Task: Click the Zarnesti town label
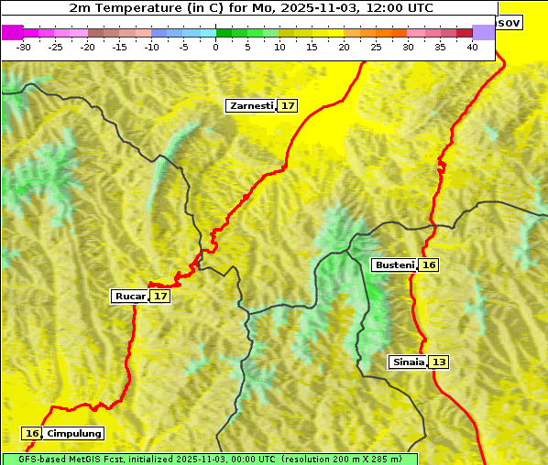251,106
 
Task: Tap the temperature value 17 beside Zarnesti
288,106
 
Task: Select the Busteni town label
395,265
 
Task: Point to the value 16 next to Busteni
429,265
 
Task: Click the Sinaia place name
408,362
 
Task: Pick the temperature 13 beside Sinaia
439,362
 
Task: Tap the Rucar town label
130,297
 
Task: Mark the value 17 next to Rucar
160,297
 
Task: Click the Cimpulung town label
73,434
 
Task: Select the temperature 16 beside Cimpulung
33,434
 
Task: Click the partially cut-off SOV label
509,21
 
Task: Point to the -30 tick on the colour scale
24,47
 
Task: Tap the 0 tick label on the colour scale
216,47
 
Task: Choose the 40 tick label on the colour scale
472,47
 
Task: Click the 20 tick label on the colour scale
344,47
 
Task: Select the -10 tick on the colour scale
151,47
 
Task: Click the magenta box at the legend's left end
12,33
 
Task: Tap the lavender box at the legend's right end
483,33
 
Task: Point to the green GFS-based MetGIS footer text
209,459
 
